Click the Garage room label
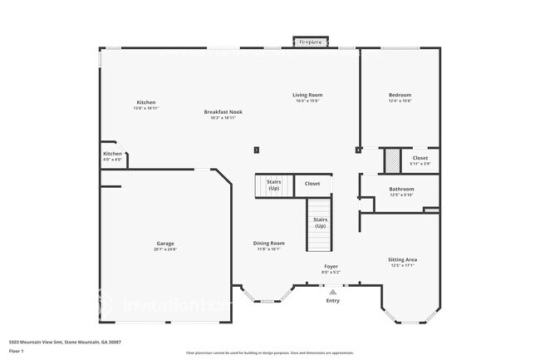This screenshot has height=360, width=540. (x=165, y=244)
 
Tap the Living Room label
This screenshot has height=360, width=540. (x=307, y=95)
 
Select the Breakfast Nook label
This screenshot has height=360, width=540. (x=223, y=111)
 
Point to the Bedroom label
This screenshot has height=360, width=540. (x=400, y=95)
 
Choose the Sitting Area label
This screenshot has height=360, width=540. (x=402, y=259)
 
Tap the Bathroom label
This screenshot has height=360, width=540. (x=401, y=189)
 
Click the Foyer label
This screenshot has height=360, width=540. (x=331, y=266)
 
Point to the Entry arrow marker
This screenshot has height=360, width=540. (x=332, y=292)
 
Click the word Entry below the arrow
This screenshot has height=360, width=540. (x=332, y=301)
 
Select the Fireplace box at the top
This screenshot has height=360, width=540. (x=311, y=41)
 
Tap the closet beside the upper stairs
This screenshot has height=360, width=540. (x=312, y=184)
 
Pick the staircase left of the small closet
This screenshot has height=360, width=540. (x=272, y=185)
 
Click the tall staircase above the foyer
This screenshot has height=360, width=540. (x=320, y=224)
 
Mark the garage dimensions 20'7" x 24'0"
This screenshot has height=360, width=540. (x=165, y=249)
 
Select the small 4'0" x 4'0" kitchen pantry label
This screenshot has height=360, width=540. (x=113, y=160)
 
